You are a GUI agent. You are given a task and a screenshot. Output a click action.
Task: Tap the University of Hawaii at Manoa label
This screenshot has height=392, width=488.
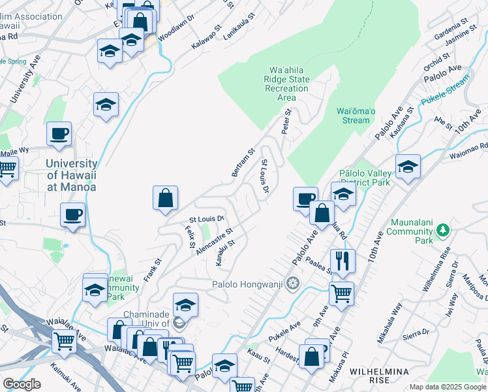coord(72,175)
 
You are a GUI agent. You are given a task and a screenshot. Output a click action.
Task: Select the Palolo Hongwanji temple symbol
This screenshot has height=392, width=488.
coord(294,284)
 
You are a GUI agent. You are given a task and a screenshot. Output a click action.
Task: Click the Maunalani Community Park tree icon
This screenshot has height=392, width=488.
coord(442,230)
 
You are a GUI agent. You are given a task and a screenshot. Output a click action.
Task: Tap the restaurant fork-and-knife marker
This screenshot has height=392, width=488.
coord(342,261)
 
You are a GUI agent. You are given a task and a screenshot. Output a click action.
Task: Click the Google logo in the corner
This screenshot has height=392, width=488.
coord(22,384)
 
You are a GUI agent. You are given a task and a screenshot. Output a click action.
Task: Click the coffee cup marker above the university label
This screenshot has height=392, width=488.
coord(59,134)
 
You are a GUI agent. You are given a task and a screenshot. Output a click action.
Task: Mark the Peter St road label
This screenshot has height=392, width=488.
coord(285,120)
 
